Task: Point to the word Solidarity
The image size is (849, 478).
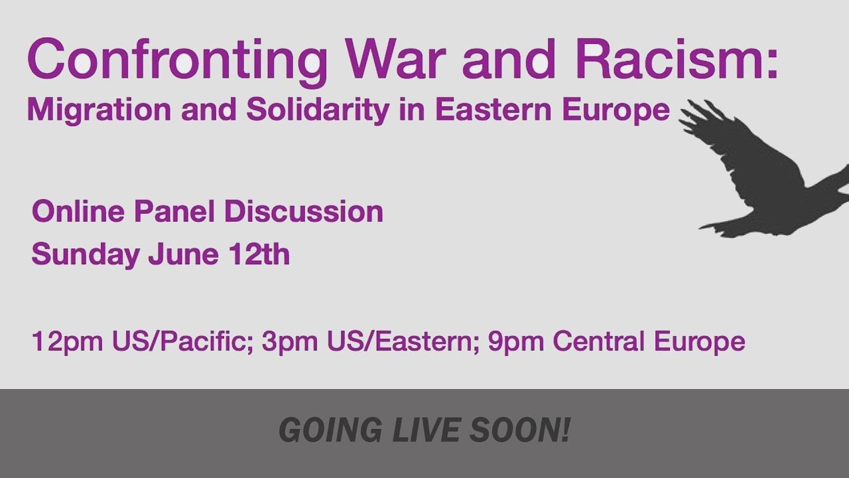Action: point(318,110)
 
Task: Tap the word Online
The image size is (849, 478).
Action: point(78,212)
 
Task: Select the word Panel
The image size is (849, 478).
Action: point(174,212)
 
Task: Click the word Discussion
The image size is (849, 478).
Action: point(303,212)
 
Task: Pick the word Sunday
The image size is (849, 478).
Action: point(86,255)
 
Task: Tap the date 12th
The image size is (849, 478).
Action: point(259,254)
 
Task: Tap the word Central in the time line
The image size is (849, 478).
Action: point(600,342)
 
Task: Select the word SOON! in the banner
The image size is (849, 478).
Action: point(520,431)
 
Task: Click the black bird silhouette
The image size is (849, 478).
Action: point(763,173)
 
